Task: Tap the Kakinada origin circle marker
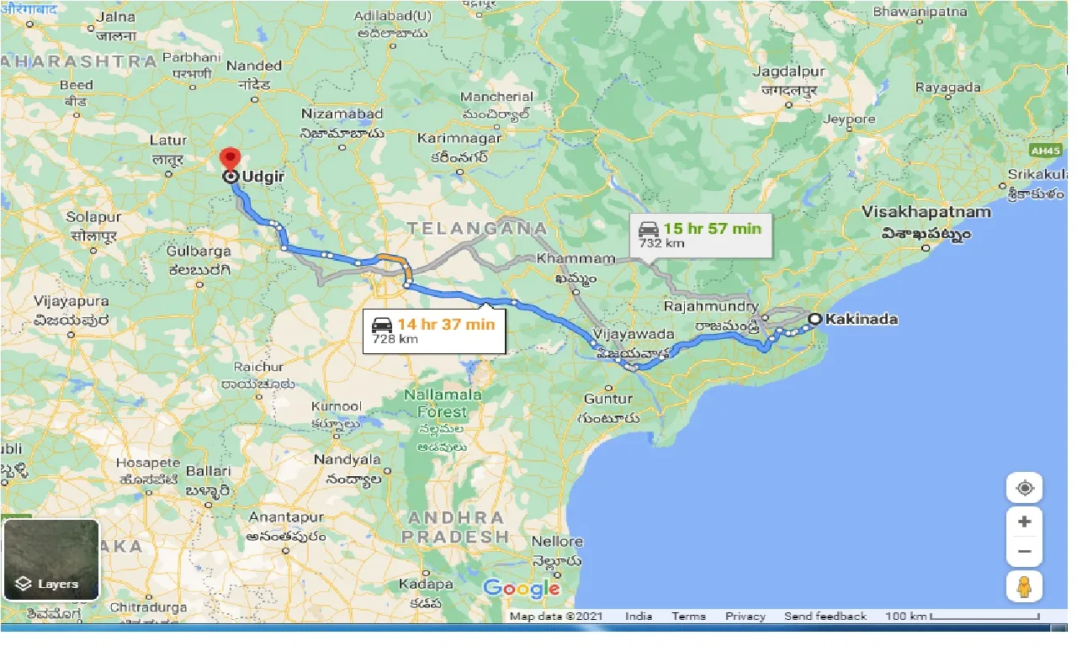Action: (814, 319)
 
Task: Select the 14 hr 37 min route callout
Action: (434, 331)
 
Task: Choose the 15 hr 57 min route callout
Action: (701, 235)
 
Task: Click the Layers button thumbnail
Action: (51, 559)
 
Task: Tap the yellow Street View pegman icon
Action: (1024, 587)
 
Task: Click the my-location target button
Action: (1024, 489)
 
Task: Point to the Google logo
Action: (522, 588)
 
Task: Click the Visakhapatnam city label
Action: (926, 212)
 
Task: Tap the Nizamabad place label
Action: (342, 114)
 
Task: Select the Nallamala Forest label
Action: (442, 403)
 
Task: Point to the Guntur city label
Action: (608, 399)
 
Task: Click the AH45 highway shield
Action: (1046, 150)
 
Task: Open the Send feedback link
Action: (825, 617)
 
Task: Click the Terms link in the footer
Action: (688, 617)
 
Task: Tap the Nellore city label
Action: (556, 541)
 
